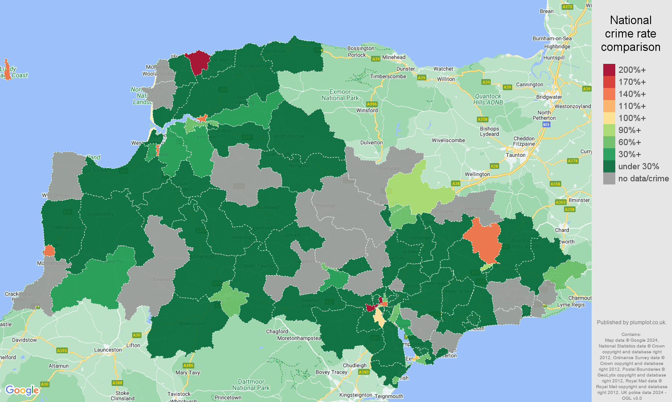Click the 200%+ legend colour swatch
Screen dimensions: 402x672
[x=609, y=70]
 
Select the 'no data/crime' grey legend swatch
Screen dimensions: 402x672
[x=609, y=178]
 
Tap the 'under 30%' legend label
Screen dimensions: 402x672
[x=639, y=166]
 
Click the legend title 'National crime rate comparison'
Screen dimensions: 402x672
[x=630, y=33]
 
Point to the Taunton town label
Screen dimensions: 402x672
[x=516, y=155]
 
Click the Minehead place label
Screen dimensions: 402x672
[x=394, y=57]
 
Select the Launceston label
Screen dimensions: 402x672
[x=108, y=350]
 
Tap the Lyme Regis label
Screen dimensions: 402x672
[x=571, y=305]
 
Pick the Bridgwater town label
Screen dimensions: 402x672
[x=549, y=97]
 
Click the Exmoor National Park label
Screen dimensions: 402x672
[x=340, y=95]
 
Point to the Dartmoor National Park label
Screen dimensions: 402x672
[x=251, y=385]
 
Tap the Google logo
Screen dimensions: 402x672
[x=22, y=390]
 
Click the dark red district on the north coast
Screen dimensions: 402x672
[x=198, y=61]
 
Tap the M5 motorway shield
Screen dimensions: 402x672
[x=547, y=125]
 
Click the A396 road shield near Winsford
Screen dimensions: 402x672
[x=371, y=104]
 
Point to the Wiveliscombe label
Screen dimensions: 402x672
[x=448, y=140]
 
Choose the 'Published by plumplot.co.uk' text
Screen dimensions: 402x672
[x=631, y=322]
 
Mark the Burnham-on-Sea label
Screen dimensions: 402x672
[x=552, y=38]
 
